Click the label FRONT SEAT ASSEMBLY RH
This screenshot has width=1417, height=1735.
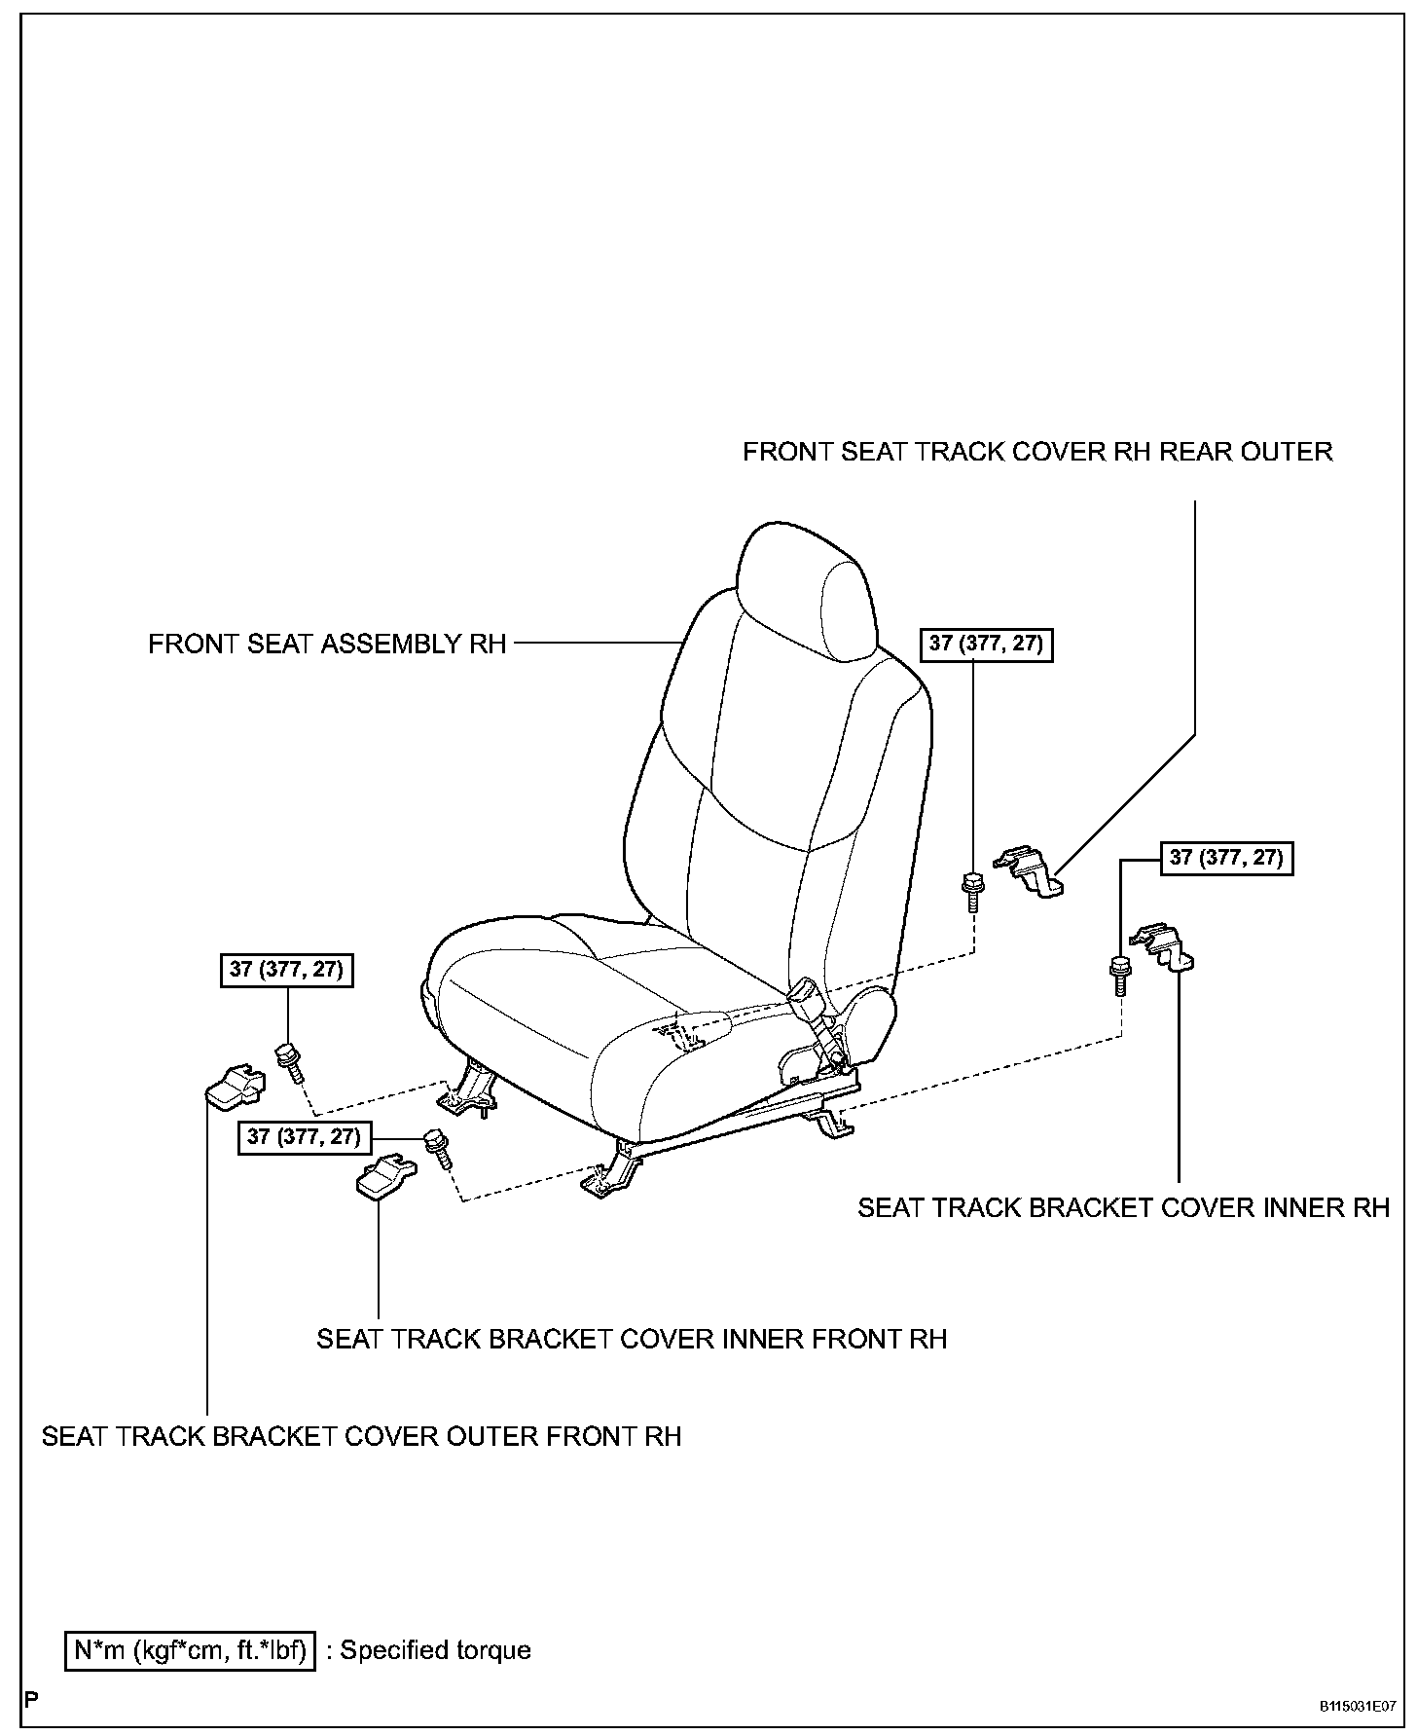pos(327,645)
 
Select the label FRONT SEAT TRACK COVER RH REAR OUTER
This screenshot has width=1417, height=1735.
pos(1037,452)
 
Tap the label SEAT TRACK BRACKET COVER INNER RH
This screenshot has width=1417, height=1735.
pos(1123,1207)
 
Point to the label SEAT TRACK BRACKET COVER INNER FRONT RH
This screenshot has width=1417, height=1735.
pos(632,1339)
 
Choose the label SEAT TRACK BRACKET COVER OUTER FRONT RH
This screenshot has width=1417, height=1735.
pos(361,1436)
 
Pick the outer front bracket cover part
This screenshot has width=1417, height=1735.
pos(235,1085)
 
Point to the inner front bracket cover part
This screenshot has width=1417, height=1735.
pos(382,1176)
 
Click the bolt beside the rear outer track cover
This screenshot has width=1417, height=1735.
pos(971,890)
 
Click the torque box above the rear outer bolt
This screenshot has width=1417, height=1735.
pos(986,644)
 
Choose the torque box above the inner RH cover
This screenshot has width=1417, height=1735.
pos(1226,858)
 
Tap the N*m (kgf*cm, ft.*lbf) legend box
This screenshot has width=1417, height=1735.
pos(191,1650)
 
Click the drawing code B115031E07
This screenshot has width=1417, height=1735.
pos(1358,1707)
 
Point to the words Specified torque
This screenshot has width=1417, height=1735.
pos(435,1650)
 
